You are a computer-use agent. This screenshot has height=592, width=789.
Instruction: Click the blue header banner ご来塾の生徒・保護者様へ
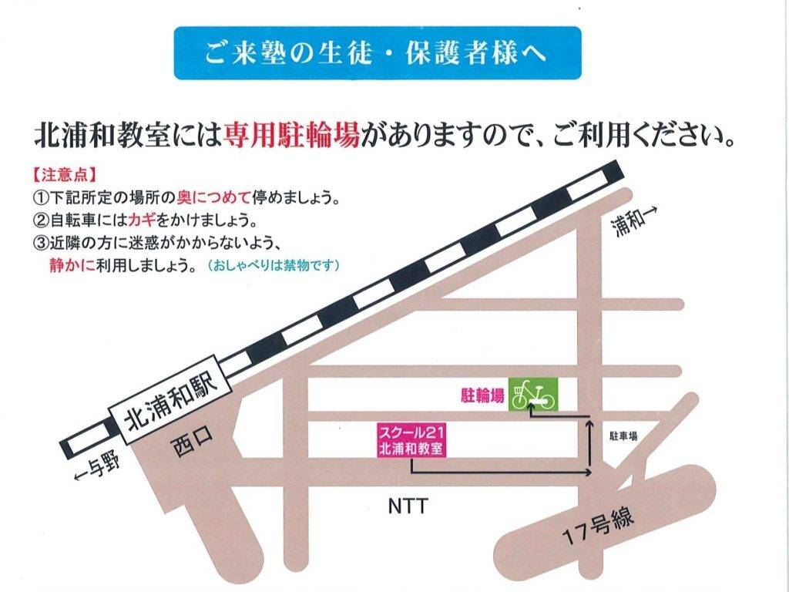377,54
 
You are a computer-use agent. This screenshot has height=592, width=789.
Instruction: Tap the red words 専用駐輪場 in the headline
291,137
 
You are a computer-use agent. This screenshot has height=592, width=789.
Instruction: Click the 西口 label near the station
192,445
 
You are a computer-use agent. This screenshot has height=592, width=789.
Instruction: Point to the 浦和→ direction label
638,222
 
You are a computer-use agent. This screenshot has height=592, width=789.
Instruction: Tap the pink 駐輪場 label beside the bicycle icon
482,396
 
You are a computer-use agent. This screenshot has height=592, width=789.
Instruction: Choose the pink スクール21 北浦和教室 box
411,441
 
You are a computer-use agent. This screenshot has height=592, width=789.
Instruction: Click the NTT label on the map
406,506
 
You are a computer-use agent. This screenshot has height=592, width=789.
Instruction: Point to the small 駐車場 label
623,436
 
